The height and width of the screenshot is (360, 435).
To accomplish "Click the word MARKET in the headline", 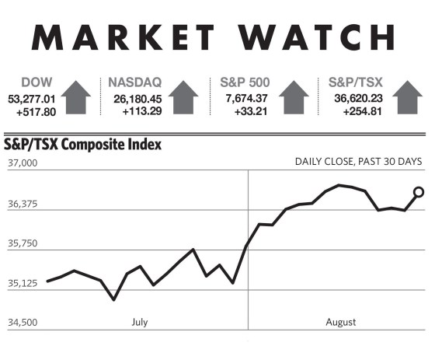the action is coord(123,37).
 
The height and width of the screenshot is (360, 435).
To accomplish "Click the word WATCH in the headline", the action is coord(316,37).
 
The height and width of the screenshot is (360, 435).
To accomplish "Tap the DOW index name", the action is coord(37,82).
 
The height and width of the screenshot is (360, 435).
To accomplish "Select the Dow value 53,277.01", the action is coord(32,99).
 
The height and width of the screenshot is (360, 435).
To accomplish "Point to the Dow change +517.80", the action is coord(36,112).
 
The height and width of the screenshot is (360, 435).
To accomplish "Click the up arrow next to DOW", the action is coord(76,97).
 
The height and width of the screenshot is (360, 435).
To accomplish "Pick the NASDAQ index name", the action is coord(135,82).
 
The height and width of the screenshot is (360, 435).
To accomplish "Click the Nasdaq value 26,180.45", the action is coord(137,99).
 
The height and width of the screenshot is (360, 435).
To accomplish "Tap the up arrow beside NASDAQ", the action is coord(183,97).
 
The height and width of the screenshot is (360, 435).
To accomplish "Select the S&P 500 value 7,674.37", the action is coord(247,98).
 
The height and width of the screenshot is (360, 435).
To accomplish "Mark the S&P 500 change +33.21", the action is coord(251,111).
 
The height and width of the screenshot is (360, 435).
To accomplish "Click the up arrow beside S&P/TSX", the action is coord(407,97).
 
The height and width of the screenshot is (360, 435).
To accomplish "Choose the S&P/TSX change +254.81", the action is coord(362,111).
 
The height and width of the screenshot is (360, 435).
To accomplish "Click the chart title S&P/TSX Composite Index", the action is coord(82,145).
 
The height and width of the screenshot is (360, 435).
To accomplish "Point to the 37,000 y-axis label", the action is coord(23,163).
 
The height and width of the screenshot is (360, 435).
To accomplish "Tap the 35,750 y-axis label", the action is coord(23,243).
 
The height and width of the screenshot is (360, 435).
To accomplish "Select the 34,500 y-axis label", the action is coord(23,323).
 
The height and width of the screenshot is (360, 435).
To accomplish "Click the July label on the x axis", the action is coord(140,322).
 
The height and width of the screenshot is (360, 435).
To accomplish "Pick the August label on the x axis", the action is coord(341,322).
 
